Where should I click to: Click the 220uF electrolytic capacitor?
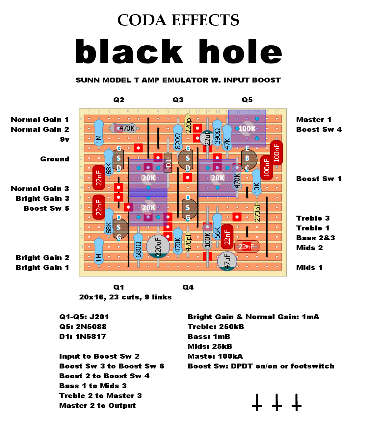[158, 246]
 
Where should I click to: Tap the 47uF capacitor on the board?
[227, 261]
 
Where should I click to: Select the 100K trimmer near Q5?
[247, 129]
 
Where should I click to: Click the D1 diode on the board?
[168, 163]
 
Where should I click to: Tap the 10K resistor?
[256, 182]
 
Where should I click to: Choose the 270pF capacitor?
[257, 212]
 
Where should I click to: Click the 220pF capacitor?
[188, 123]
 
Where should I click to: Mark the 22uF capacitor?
[207, 138]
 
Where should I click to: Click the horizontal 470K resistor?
[123, 128]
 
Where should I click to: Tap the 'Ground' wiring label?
[55, 159]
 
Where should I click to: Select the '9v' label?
[65, 139]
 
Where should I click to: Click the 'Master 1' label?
[314, 120]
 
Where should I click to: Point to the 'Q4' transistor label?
[188, 287]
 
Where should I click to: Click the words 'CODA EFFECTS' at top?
[178, 20]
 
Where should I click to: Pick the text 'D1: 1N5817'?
[83, 337]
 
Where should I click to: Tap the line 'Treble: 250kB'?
[216, 327]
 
